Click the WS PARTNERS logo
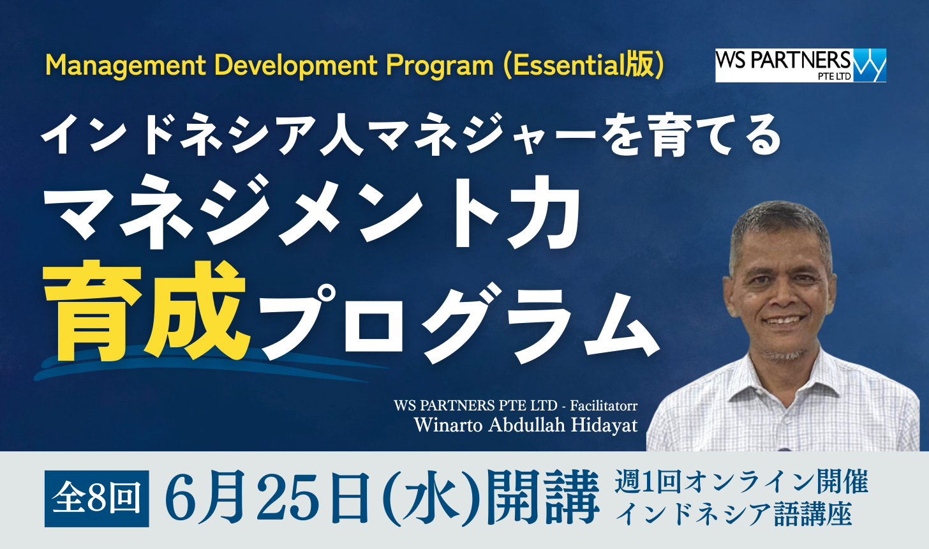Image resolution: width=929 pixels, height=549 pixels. tap(800, 65)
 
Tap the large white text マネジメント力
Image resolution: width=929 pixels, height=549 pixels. tap(312, 212)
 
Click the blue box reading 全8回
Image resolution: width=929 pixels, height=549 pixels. tap(96, 499)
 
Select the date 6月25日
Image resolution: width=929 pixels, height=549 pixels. tap(267, 497)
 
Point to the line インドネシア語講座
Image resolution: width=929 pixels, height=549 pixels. tap(734, 514)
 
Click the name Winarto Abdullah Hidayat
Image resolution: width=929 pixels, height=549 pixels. tap(526, 425)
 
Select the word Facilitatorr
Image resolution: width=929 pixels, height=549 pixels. tap(604, 405)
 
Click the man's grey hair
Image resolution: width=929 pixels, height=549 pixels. tap(780, 224)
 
